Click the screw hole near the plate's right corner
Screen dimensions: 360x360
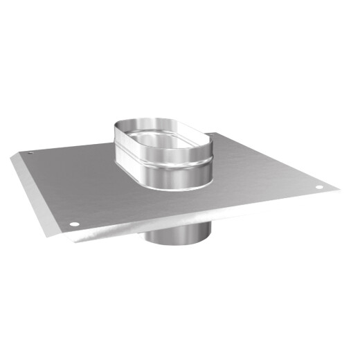tap(319, 188)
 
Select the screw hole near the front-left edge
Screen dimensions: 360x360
tap(74, 224)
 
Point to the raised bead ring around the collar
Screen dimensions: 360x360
tap(166, 163)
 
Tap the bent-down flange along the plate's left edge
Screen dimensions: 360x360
tap(38, 194)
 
